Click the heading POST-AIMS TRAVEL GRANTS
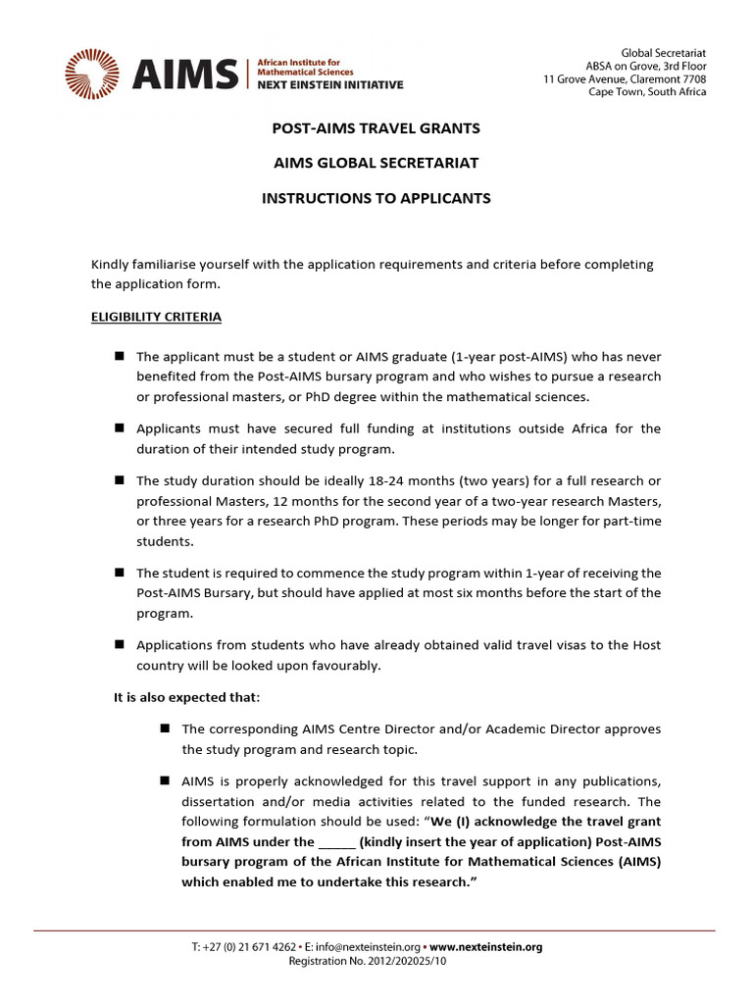[x=376, y=128]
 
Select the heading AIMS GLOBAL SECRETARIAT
[x=376, y=163]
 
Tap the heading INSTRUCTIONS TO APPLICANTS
[x=376, y=198]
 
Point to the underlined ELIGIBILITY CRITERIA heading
[x=156, y=317]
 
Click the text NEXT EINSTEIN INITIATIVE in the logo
[x=329, y=85]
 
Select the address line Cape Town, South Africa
[x=646, y=92]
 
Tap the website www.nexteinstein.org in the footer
[x=485, y=947]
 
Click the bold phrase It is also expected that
[x=187, y=696]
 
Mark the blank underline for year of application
[x=335, y=841]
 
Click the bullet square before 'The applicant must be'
[x=119, y=356]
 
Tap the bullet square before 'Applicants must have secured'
[x=119, y=428]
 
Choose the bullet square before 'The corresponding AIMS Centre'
[x=164, y=728]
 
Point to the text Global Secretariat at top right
[x=664, y=52]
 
